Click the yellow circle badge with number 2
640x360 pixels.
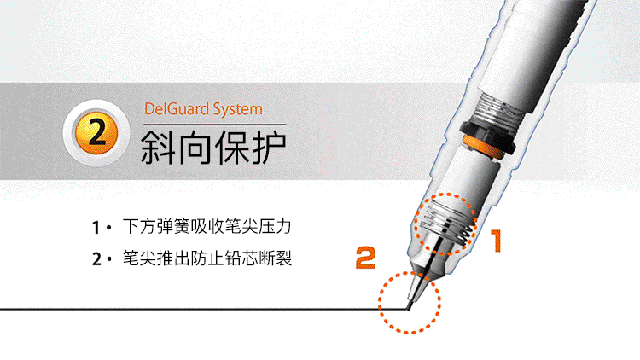pyautogui.click(x=96, y=133)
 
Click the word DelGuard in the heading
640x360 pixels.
pyautogui.click(x=177, y=109)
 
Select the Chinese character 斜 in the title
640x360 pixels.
pyautogui.click(x=158, y=147)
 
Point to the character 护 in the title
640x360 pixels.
pyautogui.click(x=269, y=147)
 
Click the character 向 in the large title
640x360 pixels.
pyautogui.click(x=195, y=147)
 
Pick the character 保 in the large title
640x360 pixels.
pyautogui.click(x=231, y=147)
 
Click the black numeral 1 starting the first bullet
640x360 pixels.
pyautogui.click(x=96, y=228)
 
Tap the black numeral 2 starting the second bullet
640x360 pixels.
pyautogui.click(x=96, y=259)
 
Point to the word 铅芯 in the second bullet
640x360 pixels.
pyautogui.click(x=241, y=258)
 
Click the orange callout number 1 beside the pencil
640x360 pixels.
pyautogui.click(x=496, y=241)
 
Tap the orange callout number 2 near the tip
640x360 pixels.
pyautogui.click(x=366, y=258)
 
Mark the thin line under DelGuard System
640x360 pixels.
pyautogui.click(x=215, y=124)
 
